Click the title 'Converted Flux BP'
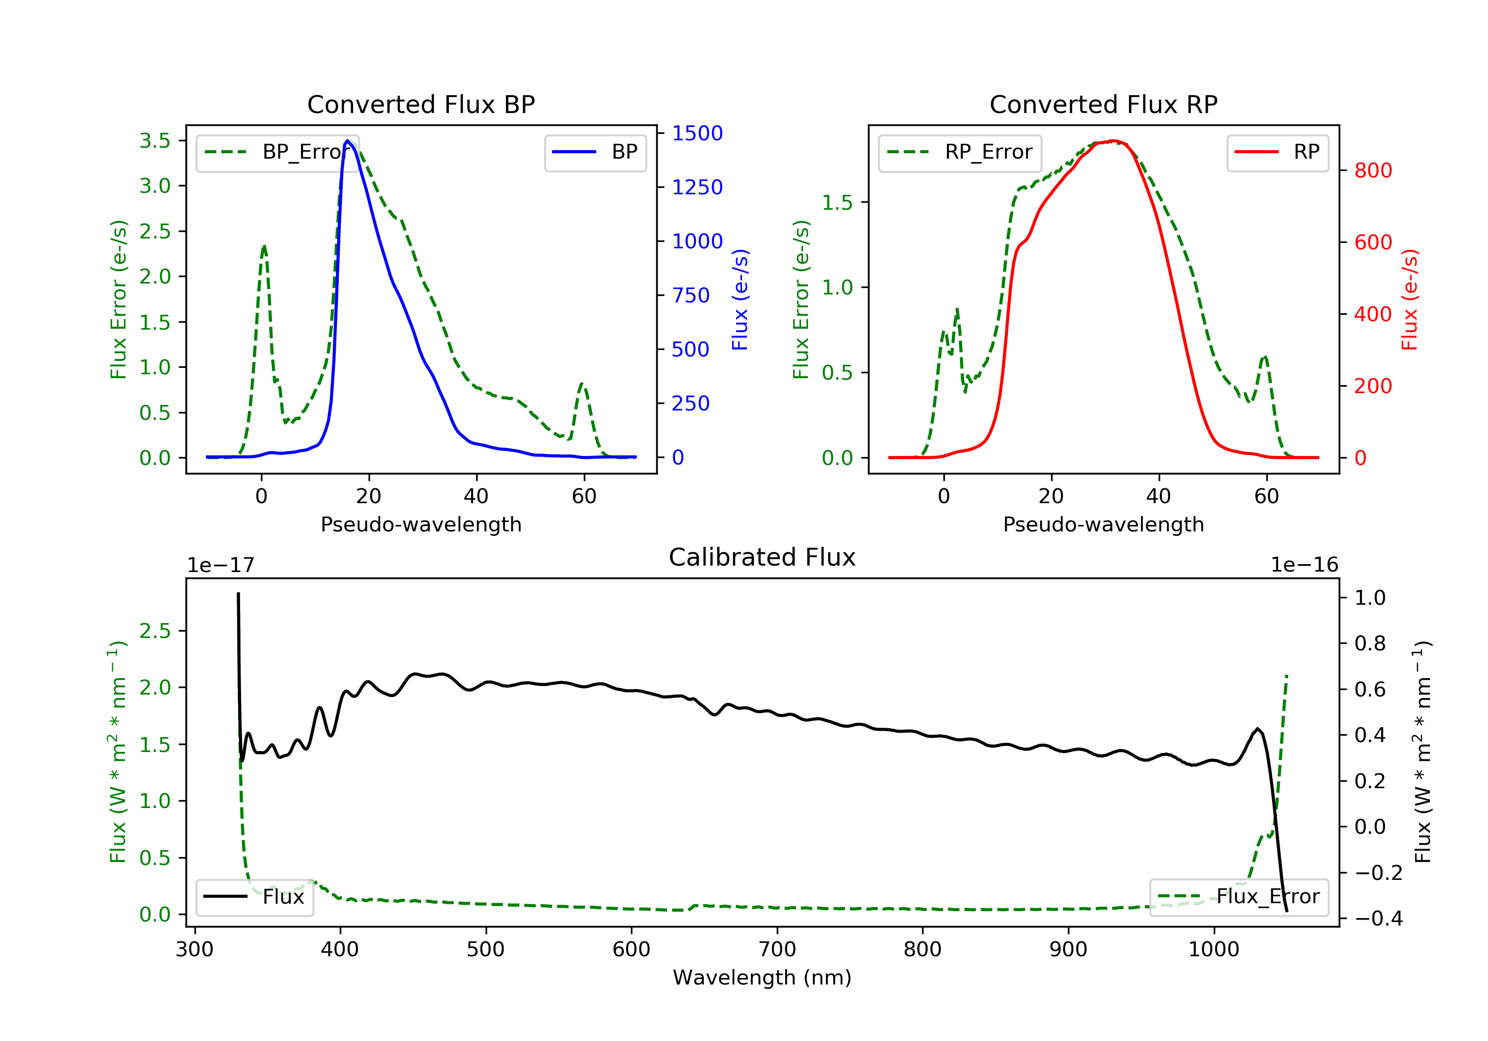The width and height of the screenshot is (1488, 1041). pyautogui.click(x=421, y=104)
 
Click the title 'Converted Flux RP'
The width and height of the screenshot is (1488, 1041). pyautogui.click(x=1103, y=104)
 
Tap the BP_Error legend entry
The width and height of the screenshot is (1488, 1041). pyautogui.click(x=277, y=152)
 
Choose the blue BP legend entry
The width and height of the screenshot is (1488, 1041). pyautogui.click(x=595, y=152)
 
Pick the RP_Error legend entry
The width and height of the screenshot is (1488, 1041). pyautogui.click(x=960, y=152)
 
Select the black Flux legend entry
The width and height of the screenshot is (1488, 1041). pyautogui.click(x=255, y=897)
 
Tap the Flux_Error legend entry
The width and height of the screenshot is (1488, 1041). pyautogui.click(x=1239, y=897)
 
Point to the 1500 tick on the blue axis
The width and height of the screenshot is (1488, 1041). pyautogui.click(x=697, y=133)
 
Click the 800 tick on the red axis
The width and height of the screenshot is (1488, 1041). pyautogui.click(x=1372, y=171)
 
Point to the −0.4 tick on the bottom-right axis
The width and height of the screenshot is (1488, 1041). pyautogui.click(x=1378, y=919)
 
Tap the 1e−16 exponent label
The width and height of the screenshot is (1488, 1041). pyautogui.click(x=1304, y=565)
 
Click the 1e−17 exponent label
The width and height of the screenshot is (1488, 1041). pyautogui.click(x=221, y=565)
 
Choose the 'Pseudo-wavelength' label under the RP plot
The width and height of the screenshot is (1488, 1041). pyautogui.click(x=1103, y=524)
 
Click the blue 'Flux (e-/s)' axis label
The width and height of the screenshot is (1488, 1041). pyautogui.click(x=740, y=299)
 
